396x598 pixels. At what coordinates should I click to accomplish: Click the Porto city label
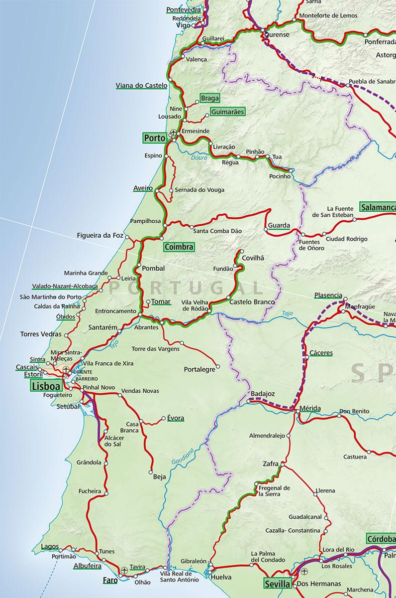pos(154,138)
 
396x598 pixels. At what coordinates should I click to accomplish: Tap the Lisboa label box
pos(45,386)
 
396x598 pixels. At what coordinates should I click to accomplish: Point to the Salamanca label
pos(379,207)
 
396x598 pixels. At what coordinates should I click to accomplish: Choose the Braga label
pos(210,98)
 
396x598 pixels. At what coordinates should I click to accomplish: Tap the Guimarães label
pos(227,112)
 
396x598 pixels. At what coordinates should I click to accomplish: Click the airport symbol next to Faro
pos(123,570)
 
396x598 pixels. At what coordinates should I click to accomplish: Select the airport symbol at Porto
pos(173,133)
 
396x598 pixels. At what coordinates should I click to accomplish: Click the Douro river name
pos(199,158)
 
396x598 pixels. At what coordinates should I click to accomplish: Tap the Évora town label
pos(175,418)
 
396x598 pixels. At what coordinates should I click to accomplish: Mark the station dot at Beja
pos(150,470)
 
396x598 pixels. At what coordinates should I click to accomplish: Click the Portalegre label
pos(199,369)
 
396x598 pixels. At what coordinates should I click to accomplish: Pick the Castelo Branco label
pos(252,302)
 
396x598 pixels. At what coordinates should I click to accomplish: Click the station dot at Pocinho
pos(291,170)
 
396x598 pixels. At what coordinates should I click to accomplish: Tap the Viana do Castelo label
pos(141,85)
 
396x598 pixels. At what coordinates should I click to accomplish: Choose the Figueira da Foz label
pos(99,235)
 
